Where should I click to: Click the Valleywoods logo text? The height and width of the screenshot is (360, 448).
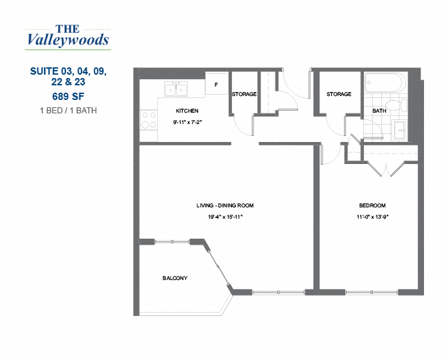click(67, 37)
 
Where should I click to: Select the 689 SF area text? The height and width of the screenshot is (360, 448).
click(67, 95)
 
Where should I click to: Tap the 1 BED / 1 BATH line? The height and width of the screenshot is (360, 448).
click(67, 110)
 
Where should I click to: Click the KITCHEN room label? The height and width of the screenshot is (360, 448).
click(187, 111)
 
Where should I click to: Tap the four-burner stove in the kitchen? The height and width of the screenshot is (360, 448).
click(147, 120)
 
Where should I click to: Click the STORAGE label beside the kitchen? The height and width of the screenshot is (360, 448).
click(244, 95)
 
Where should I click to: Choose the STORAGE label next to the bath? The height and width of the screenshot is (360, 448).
click(339, 95)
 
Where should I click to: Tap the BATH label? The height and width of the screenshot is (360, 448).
click(379, 111)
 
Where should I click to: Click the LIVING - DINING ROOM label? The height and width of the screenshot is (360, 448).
click(225, 205)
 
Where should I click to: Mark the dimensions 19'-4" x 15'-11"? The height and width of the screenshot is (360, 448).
click(225, 217)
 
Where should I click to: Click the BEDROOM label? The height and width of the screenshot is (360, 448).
click(371, 205)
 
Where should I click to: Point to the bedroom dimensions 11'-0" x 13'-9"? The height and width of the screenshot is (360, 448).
click(371, 217)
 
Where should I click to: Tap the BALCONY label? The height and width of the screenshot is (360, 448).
click(175, 278)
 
